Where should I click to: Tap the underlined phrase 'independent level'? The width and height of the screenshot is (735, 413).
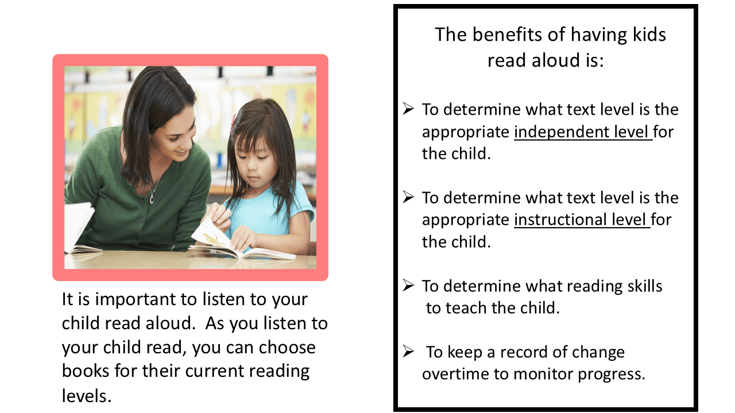[583, 132]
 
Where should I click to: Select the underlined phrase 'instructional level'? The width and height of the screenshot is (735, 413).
[582, 220]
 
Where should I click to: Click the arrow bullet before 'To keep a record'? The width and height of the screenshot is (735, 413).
[408, 351]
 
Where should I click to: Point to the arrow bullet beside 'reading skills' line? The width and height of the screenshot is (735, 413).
[408, 285]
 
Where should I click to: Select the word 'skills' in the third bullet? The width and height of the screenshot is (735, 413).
[645, 286]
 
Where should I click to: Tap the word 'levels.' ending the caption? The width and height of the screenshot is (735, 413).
[87, 396]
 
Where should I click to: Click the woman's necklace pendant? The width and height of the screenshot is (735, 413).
[152, 198]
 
